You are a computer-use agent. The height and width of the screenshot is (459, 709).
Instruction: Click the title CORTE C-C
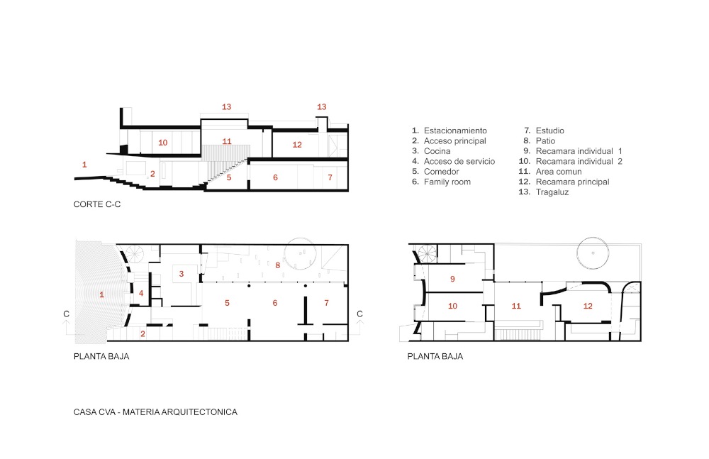coord(96,204)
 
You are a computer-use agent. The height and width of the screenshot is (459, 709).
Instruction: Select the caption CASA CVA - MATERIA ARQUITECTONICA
coord(155,412)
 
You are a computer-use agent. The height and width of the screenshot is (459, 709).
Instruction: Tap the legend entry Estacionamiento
coord(455,131)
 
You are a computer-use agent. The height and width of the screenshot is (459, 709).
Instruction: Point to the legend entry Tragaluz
coord(552,192)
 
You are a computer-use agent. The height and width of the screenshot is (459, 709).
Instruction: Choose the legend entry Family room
coord(447,182)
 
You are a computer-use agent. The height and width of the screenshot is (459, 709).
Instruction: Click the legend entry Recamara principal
coord(572,182)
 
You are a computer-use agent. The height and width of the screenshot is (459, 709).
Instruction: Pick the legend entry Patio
coord(545,140)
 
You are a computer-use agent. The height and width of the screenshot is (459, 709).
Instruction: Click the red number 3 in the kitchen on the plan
coord(182,273)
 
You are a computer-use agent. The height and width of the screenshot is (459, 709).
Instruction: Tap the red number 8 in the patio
coord(278,265)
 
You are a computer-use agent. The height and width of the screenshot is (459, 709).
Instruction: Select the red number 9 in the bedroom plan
coord(452,279)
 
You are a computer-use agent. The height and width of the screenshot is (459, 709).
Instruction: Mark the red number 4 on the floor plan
coord(141,293)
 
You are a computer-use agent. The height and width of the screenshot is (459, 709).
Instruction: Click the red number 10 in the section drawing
coord(163,143)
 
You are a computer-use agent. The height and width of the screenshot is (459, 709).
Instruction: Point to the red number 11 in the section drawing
coord(227,141)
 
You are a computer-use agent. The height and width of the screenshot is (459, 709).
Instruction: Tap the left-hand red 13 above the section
coord(226,107)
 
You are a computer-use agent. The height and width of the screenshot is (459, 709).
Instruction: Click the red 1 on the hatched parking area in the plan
coord(101,294)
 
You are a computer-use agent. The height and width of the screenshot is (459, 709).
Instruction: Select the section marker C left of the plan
coord(67,314)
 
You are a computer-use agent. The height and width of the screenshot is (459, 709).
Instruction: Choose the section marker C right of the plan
coord(359,314)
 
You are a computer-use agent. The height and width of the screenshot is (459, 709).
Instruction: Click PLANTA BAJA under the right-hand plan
coord(435,356)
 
